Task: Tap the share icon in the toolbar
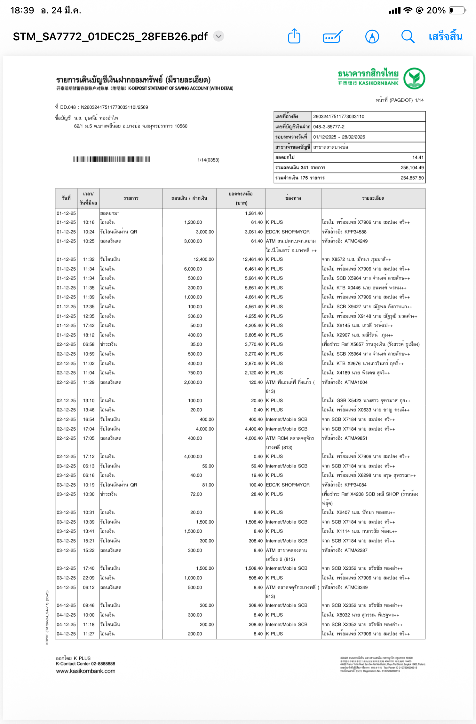pos(294,36)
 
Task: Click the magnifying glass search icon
pos(408,36)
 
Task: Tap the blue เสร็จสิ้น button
pos(446,37)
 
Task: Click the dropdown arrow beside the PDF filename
pos(218,36)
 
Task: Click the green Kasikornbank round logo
pos(414,78)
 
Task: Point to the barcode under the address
pos(111,159)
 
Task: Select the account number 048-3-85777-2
pos(329,127)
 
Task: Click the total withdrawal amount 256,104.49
pos(412,168)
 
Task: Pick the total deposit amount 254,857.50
pos(412,178)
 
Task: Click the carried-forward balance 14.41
pos(418,158)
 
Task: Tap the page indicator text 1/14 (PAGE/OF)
pos(400,100)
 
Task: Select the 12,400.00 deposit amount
pos(203,259)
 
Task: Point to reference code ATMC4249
pos(356,241)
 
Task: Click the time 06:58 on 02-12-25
pos(89,344)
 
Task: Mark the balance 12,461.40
pos(252,259)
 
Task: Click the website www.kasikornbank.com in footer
pos(86,671)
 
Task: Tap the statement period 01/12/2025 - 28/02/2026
pos(339,137)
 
